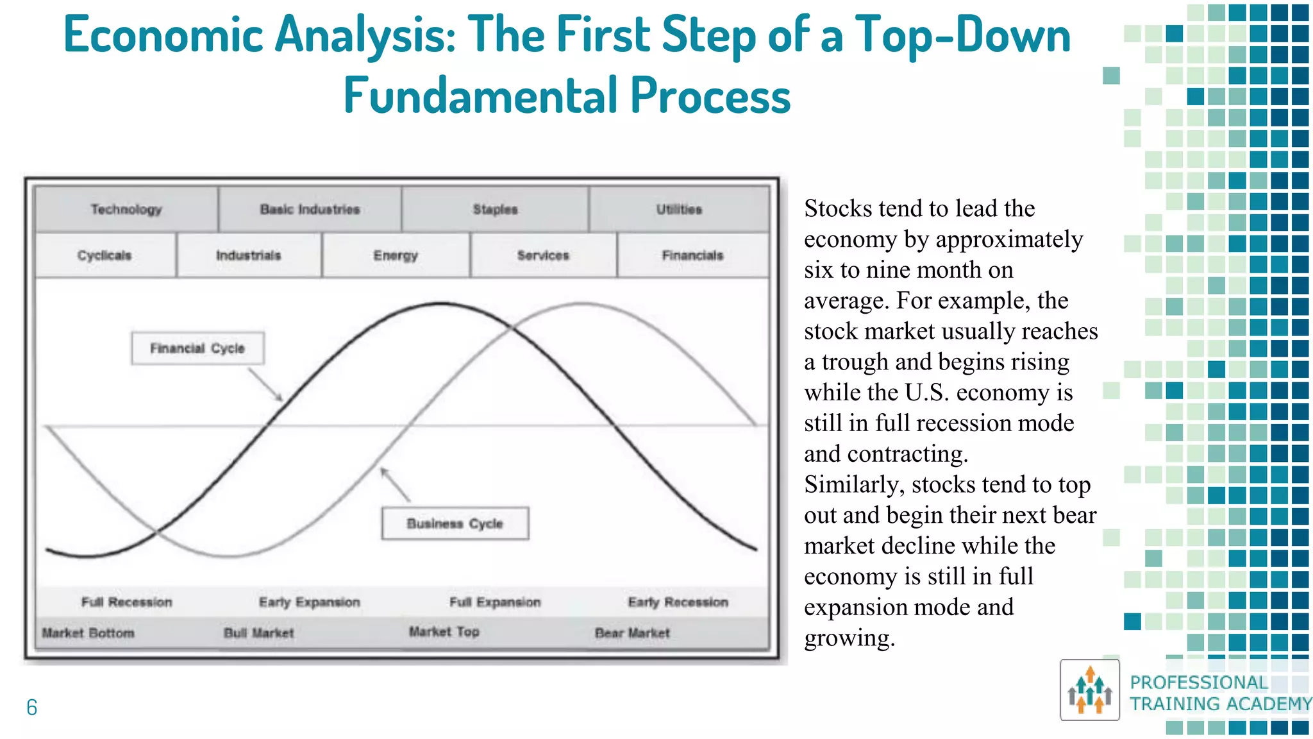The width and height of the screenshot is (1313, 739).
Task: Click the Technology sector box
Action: (126, 209)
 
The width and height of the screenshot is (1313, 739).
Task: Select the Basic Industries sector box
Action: (310, 209)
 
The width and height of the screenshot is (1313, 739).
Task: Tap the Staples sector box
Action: (495, 209)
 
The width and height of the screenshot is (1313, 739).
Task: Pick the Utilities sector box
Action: (679, 209)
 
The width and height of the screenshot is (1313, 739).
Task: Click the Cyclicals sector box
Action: (105, 255)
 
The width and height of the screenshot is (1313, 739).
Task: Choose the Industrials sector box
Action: (249, 255)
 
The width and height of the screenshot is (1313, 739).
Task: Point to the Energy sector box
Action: (396, 255)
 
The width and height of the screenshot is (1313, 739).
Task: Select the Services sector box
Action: (543, 255)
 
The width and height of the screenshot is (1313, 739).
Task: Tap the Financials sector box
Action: (692, 255)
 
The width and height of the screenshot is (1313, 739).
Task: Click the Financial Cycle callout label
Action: (197, 348)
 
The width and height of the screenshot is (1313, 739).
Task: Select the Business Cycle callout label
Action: (455, 523)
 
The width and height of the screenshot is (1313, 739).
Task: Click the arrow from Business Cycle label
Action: (395, 484)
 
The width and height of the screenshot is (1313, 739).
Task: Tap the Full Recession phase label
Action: (127, 602)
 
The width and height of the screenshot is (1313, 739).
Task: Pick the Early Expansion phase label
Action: (310, 602)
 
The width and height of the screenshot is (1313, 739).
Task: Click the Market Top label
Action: (444, 632)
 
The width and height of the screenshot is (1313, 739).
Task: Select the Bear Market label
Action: (632, 633)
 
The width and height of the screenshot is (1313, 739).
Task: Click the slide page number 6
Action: (32, 708)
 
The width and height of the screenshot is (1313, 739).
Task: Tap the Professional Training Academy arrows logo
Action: (1090, 690)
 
